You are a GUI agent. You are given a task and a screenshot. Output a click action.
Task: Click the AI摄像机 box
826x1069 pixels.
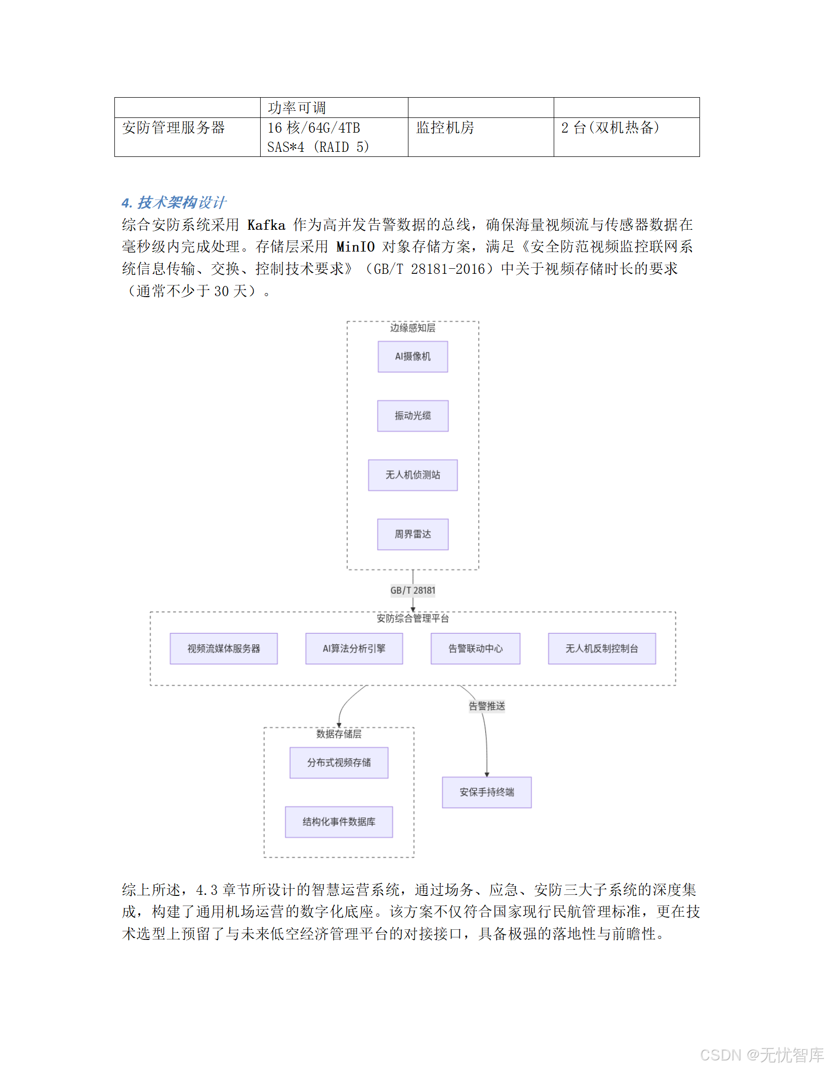pos(412,356)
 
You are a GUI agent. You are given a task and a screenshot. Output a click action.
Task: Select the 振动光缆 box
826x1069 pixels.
pos(412,416)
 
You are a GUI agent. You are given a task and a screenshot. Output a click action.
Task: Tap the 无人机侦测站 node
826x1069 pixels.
pos(412,475)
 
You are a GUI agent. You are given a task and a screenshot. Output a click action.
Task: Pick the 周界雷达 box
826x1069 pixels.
pos(412,534)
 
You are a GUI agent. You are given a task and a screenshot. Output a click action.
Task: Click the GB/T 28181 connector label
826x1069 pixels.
pos(412,590)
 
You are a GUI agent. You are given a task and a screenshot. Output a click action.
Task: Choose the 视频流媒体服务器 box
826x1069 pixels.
pos(223,648)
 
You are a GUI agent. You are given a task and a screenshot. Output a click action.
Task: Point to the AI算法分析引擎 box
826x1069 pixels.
pos(354,648)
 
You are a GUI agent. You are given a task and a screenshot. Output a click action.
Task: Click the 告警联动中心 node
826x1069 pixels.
pos(475,648)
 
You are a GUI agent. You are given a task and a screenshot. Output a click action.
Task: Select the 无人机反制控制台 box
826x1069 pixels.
pos(602,648)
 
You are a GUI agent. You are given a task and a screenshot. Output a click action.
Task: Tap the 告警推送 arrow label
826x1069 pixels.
pos(486,706)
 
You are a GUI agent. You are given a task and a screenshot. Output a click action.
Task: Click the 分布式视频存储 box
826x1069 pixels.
pos(339,762)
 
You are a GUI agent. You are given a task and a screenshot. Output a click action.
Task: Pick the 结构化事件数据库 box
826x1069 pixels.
pos(339,821)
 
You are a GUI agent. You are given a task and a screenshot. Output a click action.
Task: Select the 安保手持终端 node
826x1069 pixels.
pos(486,792)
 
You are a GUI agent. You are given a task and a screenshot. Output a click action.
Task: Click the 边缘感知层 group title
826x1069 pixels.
pos(412,328)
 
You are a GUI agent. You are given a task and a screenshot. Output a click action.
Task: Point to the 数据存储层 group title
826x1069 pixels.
pos(339,734)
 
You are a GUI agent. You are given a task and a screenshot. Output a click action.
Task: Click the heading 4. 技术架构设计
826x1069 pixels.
pos(174,202)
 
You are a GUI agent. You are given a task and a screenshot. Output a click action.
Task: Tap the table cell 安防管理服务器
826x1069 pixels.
pos(173,128)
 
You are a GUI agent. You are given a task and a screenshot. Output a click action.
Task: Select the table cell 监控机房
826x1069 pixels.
pos(445,128)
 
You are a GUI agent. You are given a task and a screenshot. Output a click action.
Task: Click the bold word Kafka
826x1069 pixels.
pos(266,225)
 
